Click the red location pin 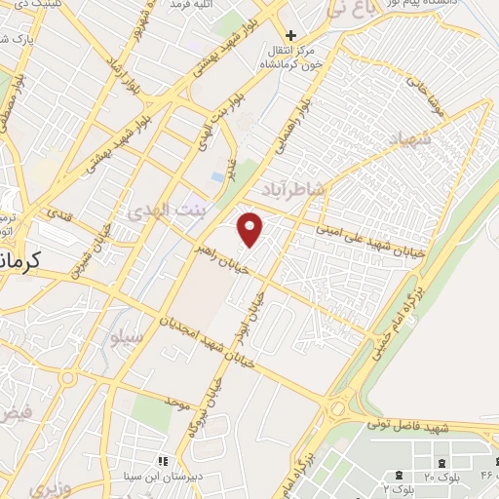pyautogui.click(x=251, y=228)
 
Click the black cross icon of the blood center pyautogui.click(x=290, y=36)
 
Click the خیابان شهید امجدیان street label pyautogui.click(x=207, y=334)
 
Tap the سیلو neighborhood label pyautogui.click(x=127, y=337)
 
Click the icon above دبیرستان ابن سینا pyautogui.click(x=164, y=460)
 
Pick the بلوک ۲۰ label pyautogui.click(x=443, y=477)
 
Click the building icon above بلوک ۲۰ pyautogui.click(x=443, y=461)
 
